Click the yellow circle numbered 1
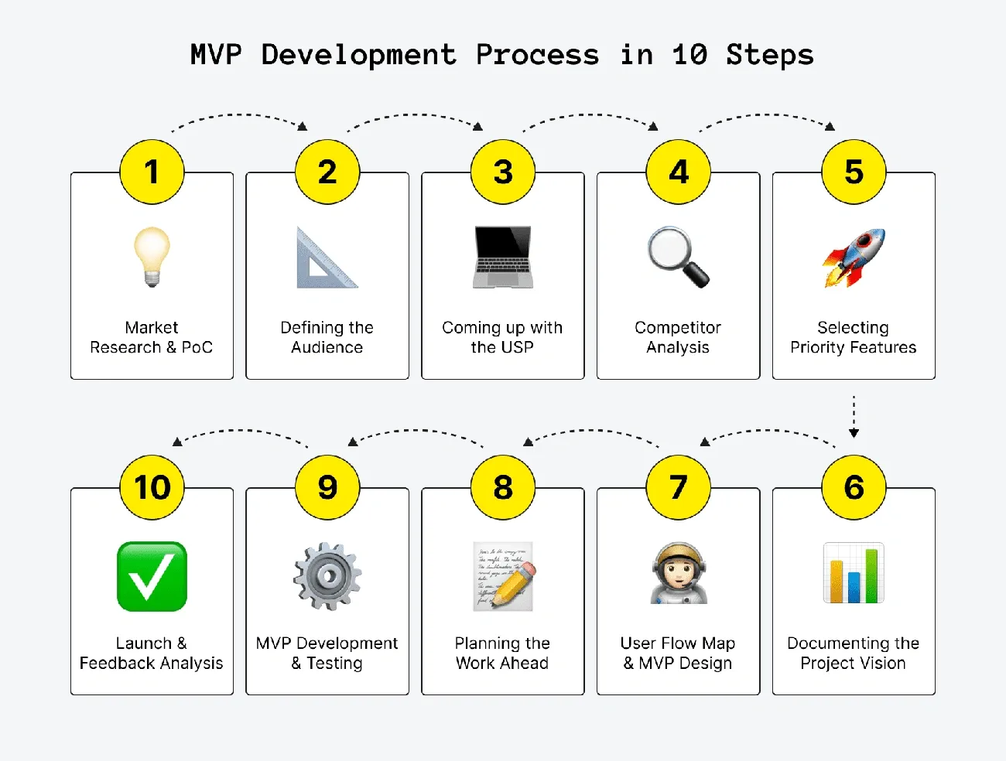click(152, 172)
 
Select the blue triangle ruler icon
click(326, 259)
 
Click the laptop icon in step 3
click(503, 257)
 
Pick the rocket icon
click(854, 258)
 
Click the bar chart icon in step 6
click(854, 573)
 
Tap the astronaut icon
click(679, 573)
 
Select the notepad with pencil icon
click(503, 576)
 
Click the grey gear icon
click(327, 576)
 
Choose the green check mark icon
click(152, 576)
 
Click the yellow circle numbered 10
click(152, 487)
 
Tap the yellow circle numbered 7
click(679, 487)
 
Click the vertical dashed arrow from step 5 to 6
click(854, 416)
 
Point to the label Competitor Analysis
click(678, 337)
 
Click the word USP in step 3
click(518, 347)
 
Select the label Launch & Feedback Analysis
click(152, 653)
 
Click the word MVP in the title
click(216, 55)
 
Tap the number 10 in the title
click(689, 55)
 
